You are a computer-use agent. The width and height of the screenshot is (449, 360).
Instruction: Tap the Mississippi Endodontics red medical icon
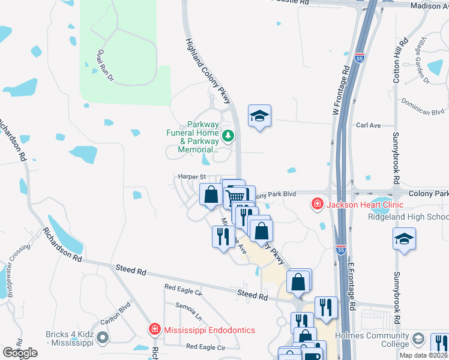coord(154,330)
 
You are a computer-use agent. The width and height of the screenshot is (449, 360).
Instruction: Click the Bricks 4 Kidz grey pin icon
coord(103,338)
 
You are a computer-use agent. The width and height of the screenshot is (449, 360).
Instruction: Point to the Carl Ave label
coord(369,126)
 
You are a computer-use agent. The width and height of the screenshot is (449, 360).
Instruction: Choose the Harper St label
coord(191,177)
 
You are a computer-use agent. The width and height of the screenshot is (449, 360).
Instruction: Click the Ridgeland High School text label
coord(408,217)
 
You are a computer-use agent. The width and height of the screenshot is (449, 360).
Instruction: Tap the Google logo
coord(20,353)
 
